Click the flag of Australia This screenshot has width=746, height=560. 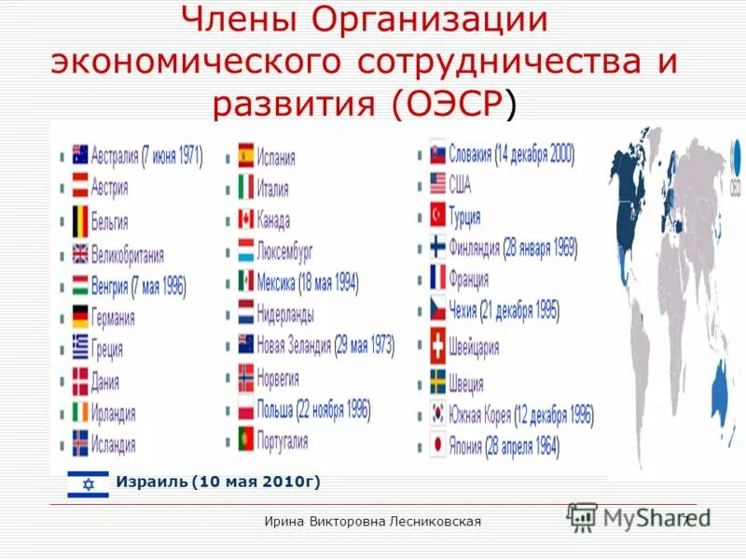pos(80,155)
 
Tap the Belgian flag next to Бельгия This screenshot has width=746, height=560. pos(80,221)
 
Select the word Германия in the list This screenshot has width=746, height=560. pos(113,317)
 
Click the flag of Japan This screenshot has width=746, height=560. pos(437,445)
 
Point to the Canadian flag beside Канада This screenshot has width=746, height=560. pos(245,219)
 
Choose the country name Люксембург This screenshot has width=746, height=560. pos(285,251)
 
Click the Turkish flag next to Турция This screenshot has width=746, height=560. pos(437,216)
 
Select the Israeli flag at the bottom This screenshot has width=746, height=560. pos(89,483)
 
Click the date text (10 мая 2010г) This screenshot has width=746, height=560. pos(256,482)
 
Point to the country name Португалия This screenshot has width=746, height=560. pos(283,440)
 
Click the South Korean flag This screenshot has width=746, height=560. pos(437,413)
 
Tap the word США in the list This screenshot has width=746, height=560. pos(460,183)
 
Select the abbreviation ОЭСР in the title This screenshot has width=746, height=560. pos(453,104)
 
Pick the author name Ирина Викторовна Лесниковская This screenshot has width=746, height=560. pos(373,521)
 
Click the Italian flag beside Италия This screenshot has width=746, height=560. pos(245,188)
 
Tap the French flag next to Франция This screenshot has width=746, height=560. pos(437,277)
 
